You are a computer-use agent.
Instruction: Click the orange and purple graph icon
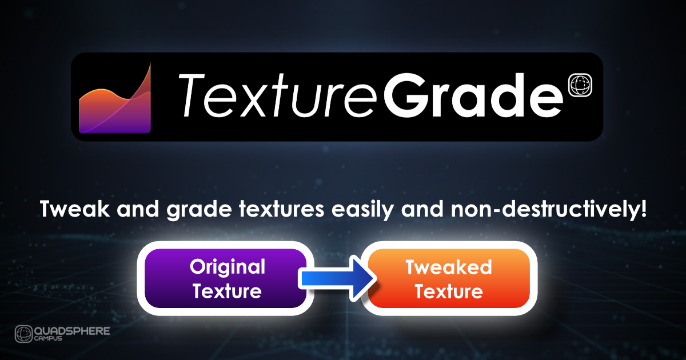tap(115, 101)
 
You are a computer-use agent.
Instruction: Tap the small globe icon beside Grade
tap(580, 85)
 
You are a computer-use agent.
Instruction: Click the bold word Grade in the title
tap(473, 95)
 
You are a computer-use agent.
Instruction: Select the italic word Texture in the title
tap(277, 95)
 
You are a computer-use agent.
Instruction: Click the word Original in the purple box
tap(228, 267)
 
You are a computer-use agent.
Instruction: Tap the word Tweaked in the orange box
tap(449, 267)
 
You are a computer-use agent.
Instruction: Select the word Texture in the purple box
tap(227, 291)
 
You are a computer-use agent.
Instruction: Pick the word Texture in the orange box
tap(449, 291)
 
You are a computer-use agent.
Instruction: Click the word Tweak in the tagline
tap(75, 209)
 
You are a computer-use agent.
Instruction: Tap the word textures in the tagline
tap(282, 209)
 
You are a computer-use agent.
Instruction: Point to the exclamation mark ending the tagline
tap(643, 209)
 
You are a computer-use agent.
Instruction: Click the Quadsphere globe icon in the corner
tap(23, 334)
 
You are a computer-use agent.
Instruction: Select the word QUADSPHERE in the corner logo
tap(72, 331)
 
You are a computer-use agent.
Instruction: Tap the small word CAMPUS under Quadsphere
tap(48, 338)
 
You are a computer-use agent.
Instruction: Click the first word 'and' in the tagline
tap(138, 209)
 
